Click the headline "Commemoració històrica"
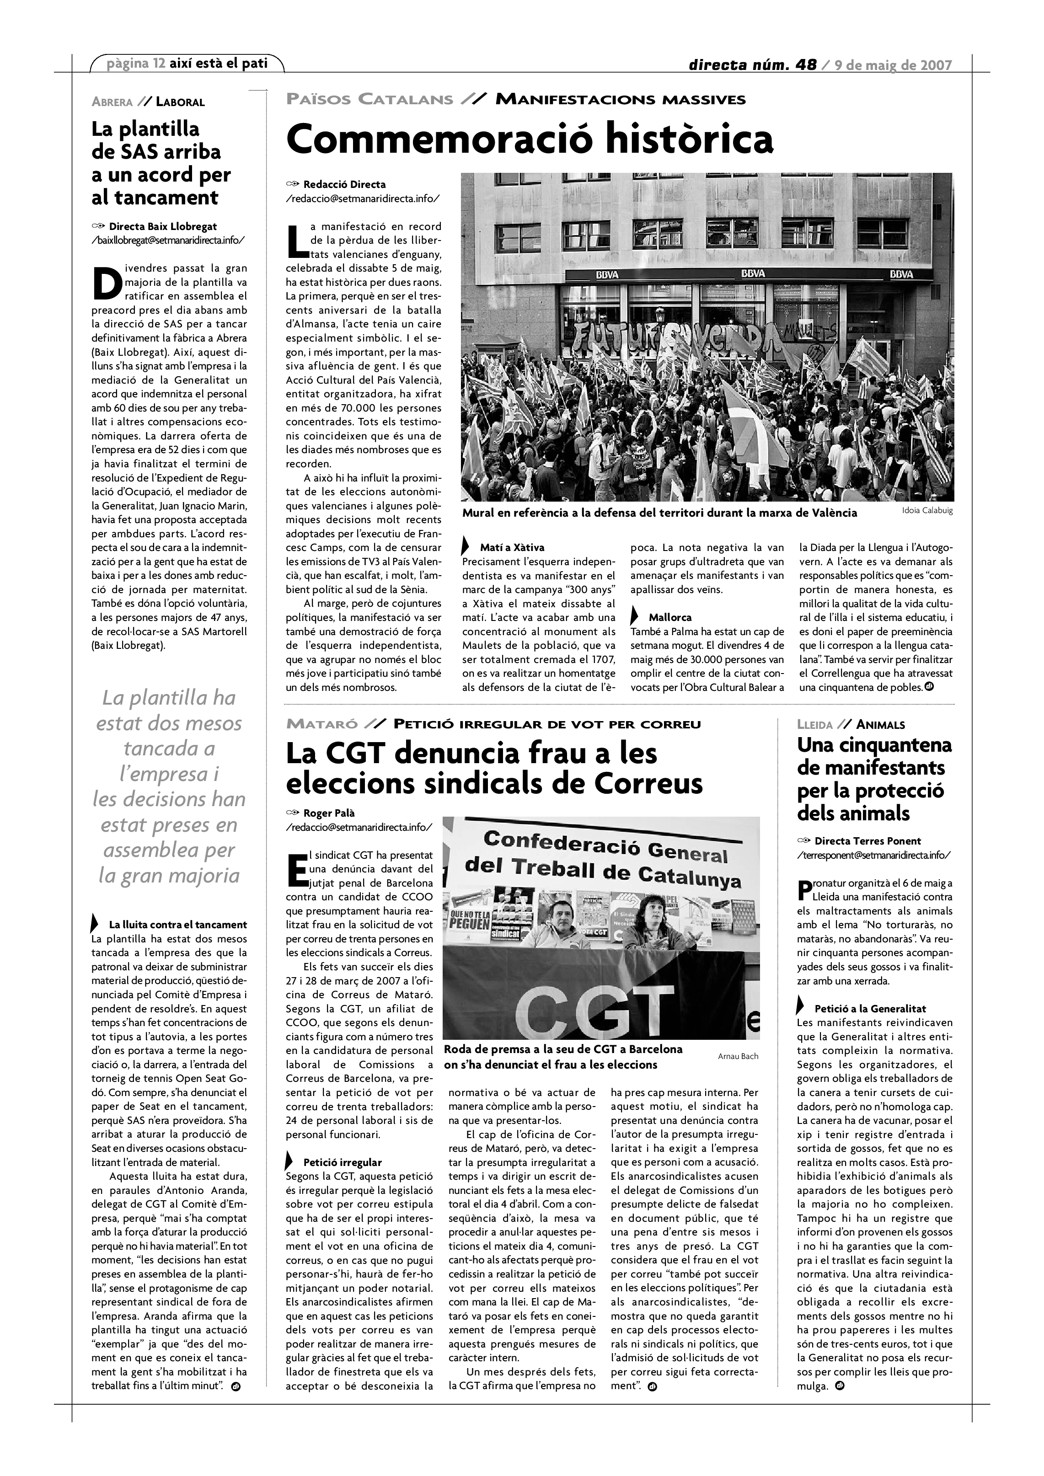pos(529,139)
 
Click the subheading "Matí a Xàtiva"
pos(512,548)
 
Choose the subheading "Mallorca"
pos(670,617)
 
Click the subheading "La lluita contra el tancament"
pos(177,925)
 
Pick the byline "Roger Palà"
pos(329,813)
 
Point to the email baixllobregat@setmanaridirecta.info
pos(168,241)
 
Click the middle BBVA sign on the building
pos(753,274)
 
